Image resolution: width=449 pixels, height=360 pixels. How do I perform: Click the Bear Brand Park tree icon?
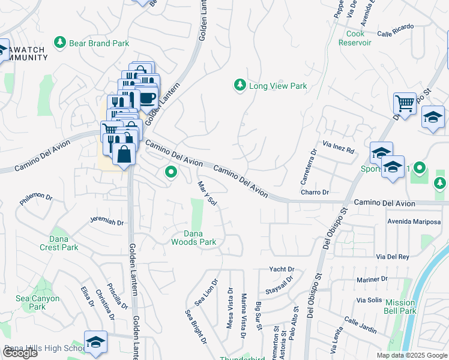[59, 43]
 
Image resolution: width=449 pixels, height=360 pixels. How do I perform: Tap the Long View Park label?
[278, 86]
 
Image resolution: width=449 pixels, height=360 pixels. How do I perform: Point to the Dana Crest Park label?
[64, 243]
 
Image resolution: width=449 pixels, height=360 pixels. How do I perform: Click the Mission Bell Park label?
[400, 307]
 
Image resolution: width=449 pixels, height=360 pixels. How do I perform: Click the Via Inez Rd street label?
[339, 146]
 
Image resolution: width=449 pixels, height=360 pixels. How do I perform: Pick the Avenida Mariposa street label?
[414, 221]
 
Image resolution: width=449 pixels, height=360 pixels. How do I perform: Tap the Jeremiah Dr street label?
[106, 222]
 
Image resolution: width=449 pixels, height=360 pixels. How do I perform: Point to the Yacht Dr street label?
[282, 269]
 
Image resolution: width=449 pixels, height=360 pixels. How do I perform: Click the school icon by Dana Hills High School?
[95, 341]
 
